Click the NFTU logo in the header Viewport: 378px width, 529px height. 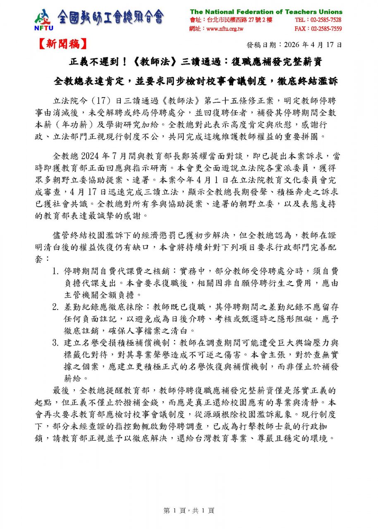point(43,19)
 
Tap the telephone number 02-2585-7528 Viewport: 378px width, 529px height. point(318,20)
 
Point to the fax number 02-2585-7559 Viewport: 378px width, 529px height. point(318,29)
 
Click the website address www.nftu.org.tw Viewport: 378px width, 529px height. point(225,29)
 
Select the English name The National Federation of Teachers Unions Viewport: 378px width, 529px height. point(266,12)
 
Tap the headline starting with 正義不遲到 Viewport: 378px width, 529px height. point(196,62)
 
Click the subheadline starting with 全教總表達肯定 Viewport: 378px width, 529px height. point(196,81)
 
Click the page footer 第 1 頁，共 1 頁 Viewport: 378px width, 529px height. point(189,510)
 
